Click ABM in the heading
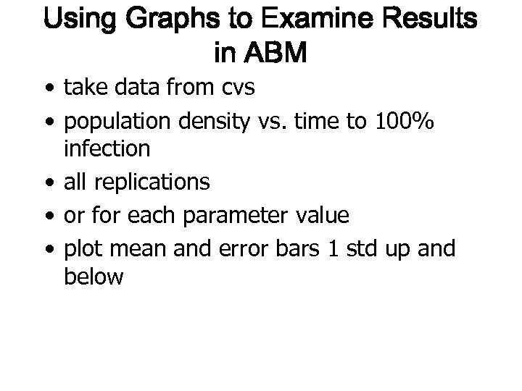277,52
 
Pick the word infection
107,150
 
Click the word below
94,277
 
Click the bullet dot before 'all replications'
47,182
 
